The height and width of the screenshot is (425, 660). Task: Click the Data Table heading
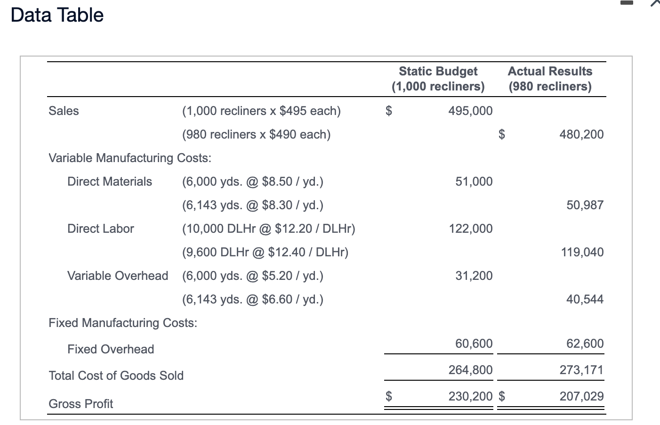click(57, 15)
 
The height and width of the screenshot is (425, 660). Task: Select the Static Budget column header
click(438, 79)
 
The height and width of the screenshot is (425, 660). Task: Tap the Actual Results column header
click(550, 79)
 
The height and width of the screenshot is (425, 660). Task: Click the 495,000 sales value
click(470, 111)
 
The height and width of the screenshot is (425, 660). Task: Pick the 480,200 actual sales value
click(581, 134)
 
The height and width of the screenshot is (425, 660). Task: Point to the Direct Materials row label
click(110, 181)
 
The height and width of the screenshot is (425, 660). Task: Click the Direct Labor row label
click(101, 229)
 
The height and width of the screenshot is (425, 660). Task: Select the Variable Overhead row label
click(118, 276)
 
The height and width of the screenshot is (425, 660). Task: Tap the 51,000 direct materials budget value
click(474, 181)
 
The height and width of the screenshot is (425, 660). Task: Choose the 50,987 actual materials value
click(585, 205)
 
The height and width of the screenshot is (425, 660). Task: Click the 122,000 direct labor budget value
click(470, 229)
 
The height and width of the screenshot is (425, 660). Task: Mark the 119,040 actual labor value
click(582, 252)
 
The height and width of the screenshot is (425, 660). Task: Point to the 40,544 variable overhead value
click(585, 299)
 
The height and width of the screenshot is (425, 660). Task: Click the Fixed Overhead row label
click(111, 349)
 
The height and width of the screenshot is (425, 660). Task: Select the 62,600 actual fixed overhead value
click(585, 343)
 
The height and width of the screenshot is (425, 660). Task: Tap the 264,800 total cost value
click(470, 370)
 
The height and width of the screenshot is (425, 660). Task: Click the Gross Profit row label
click(81, 404)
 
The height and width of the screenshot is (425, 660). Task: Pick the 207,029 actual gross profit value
click(581, 396)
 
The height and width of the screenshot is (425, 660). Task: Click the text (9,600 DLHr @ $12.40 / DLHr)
click(265, 252)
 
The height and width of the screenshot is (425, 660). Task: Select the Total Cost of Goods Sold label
click(116, 376)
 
